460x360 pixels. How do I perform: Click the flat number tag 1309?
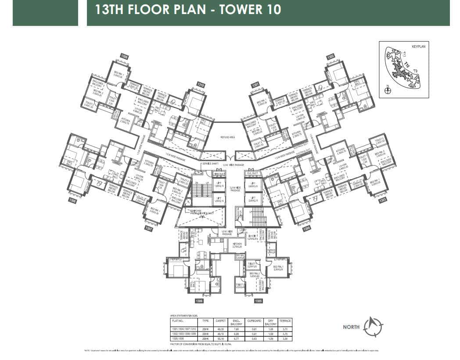click(x=125, y=57)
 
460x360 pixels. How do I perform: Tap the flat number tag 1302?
click(x=331, y=57)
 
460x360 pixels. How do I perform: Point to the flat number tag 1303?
click(x=382, y=200)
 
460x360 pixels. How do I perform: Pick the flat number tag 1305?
click(x=259, y=301)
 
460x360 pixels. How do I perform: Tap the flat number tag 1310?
click(x=201, y=84)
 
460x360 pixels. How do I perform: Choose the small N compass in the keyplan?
click(x=388, y=90)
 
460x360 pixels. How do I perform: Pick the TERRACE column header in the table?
click(x=285, y=321)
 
